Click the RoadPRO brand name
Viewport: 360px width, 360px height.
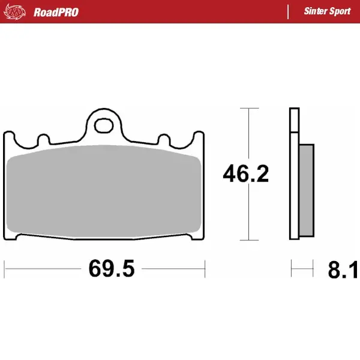coord(56,11)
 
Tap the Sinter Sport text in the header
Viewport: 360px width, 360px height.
coord(327,11)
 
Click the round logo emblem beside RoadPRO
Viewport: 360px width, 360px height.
coord(19,11)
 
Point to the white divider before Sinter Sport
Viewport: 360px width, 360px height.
coord(289,11)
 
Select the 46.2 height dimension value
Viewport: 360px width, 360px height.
coord(245,174)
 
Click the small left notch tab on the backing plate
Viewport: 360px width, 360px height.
coord(43,139)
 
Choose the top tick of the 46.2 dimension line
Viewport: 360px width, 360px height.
coord(249,109)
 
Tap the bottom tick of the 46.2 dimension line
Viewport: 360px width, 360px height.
coord(249,239)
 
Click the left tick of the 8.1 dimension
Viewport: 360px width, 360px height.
coord(292,268)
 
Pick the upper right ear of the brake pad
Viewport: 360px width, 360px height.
coord(197,138)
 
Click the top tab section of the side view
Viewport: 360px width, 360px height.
coord(293,120)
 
